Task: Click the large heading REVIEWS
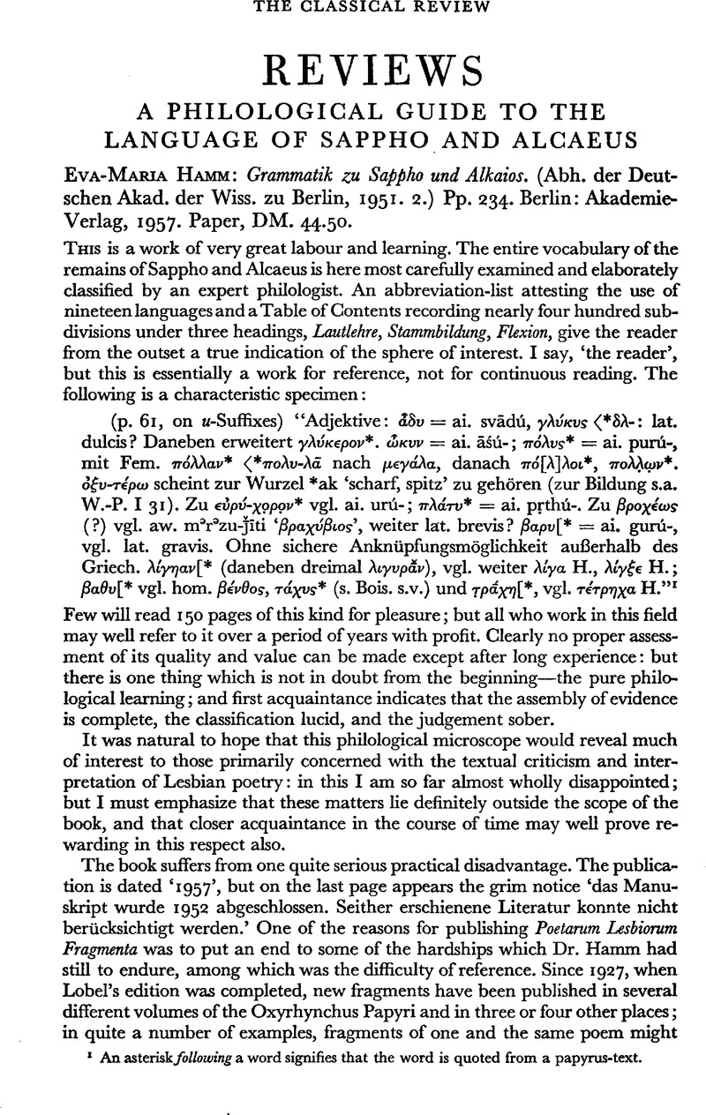click(x=353, y=67)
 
